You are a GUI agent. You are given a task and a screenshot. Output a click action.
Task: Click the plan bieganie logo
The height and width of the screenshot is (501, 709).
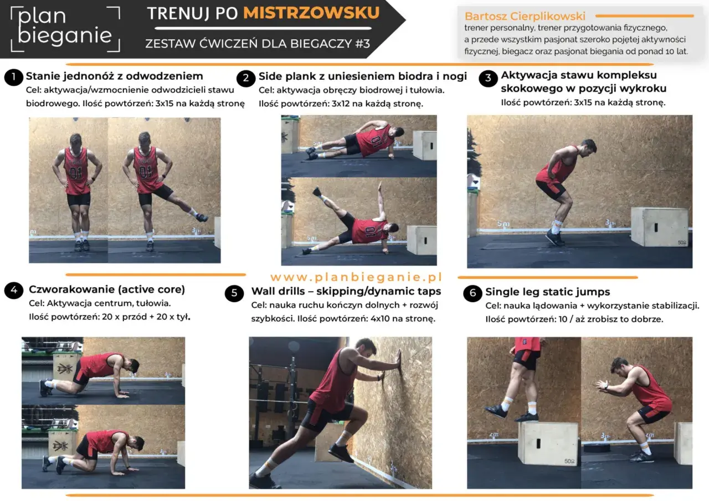[x=65, y=29]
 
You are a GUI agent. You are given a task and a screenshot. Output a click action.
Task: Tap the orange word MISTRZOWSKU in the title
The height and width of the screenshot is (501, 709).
[x=311, y=13]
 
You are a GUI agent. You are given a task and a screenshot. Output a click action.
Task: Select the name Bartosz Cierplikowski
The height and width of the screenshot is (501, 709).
[x=525, y=16]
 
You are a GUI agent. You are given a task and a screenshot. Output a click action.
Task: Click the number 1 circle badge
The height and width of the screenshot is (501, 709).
[x=14, y=77]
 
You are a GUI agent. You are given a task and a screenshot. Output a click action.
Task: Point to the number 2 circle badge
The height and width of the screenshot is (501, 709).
[x=245, y=78]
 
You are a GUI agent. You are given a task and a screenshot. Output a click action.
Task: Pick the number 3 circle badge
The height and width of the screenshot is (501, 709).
[x=488, y=78]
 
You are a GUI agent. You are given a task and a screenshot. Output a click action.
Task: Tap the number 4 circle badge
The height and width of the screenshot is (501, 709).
[x=14, y=290]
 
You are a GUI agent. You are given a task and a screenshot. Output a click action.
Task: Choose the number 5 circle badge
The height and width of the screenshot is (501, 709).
[x=234, y=293]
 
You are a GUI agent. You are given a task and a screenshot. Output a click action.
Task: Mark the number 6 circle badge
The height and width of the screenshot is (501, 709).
[x=472, y=293]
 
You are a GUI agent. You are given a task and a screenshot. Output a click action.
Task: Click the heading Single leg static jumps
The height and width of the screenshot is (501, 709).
[x=548, y=292]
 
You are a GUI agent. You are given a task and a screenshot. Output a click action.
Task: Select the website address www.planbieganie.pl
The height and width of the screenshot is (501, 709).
[x=356, y=277]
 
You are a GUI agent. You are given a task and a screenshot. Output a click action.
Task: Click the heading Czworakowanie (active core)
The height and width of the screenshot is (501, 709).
[x=107, y=290]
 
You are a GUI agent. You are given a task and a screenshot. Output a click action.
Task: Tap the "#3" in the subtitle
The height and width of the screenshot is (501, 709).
[x=363, y=44]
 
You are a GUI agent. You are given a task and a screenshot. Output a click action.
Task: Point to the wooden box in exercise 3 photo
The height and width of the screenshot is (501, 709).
[x=659, y=226]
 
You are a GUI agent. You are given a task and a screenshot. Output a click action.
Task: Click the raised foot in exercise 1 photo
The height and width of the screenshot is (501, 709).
[x=201, y=218]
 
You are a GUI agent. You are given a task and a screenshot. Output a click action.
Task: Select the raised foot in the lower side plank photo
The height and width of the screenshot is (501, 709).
[x=317, y=192]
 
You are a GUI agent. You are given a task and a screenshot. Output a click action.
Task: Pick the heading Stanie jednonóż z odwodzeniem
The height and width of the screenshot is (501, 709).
[x=114, y=76]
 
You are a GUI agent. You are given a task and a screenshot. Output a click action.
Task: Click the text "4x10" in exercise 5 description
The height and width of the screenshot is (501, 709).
[x=380, y=318]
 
